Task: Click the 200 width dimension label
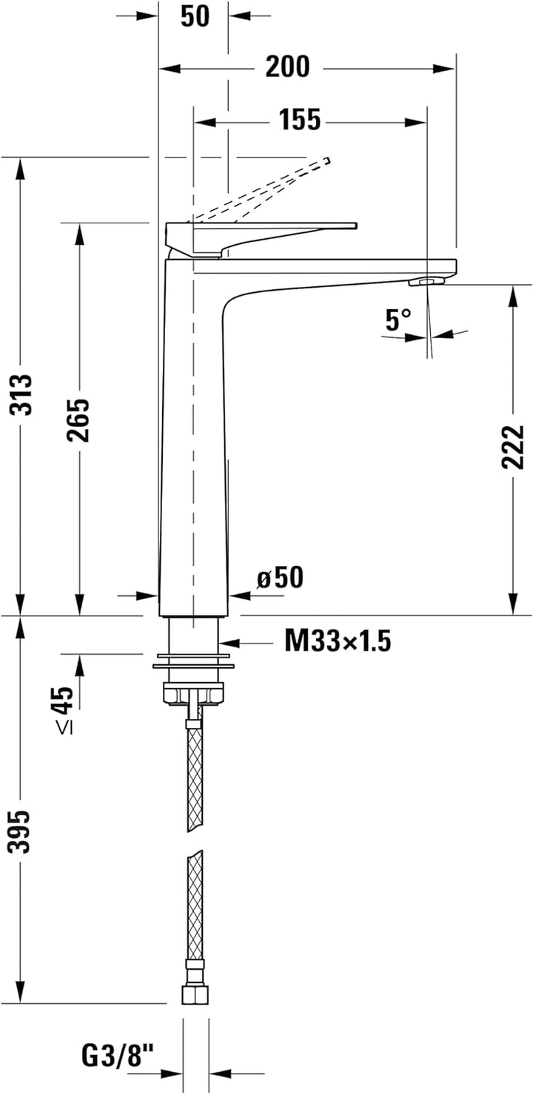287,67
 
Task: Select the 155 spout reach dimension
300,119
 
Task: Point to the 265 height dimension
78,419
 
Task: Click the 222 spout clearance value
512,447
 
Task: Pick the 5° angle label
398,320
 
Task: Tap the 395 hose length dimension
21,833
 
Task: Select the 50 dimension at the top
195,16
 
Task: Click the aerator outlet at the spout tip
425,281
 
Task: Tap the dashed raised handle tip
326,161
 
